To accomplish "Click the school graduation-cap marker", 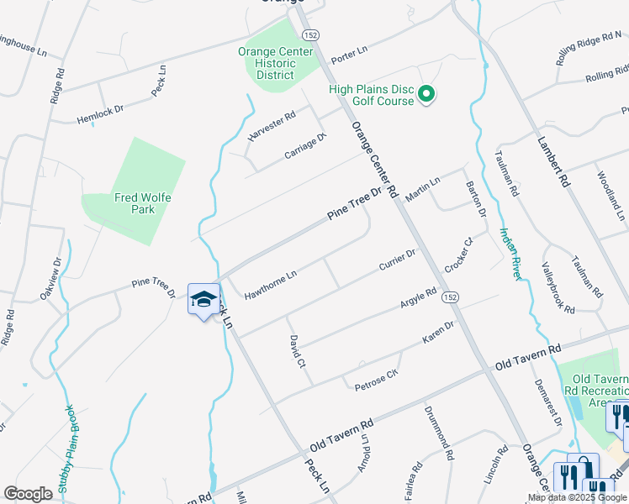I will (203, 300).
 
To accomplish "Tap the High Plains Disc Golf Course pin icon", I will (426, 94).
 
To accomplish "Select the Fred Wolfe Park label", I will (135, 203).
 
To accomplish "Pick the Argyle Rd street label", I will (418, 299).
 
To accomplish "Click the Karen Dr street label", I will (437, 331).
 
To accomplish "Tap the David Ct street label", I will (295, 352).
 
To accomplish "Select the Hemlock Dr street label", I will (100, 114).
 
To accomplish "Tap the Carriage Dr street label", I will (304, 147).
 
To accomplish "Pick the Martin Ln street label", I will (423, 190).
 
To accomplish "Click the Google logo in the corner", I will (28, 494).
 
